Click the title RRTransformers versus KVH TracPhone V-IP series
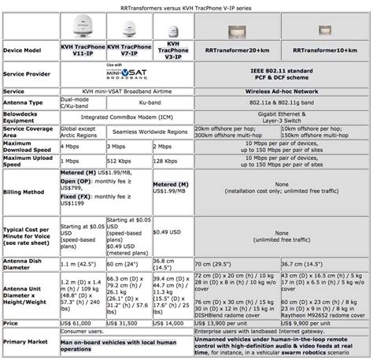coord(186,6)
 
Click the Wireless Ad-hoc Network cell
coord(286,91)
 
